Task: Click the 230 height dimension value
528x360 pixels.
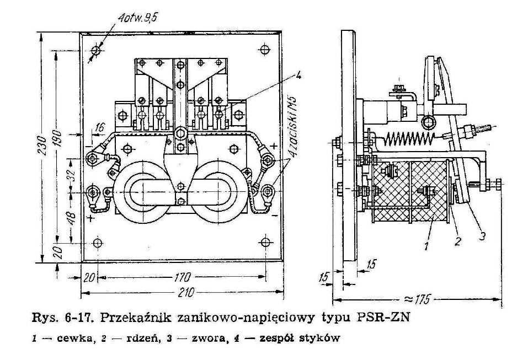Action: pyautogui.click(x=42, y=146)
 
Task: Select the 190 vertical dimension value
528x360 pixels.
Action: pyautogui.click(x=57, y=138)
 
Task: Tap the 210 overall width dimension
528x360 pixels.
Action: pyautogui.click(x=186, y=292)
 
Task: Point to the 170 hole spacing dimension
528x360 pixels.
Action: pyautogui.click(x=182, y=277)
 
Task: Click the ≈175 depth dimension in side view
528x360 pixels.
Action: pyautogui.click(x=417, y=299)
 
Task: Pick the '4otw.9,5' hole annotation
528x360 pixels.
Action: pyautogui.click(x=137, y=18)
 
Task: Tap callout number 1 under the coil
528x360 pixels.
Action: pyautogui.click(x=426, y=246)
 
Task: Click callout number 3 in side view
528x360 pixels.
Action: pyautogui.click(x=482, y=236)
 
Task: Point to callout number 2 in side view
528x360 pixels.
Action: pyautogui.click(x=457, y=241)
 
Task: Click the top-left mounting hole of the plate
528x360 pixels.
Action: pyautogui.click(x=97, y=51)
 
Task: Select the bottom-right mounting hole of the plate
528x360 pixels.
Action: pyautogui.click(x=265, y=242)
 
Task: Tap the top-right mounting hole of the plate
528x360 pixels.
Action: pyautogui.click(x=265, y=50)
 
